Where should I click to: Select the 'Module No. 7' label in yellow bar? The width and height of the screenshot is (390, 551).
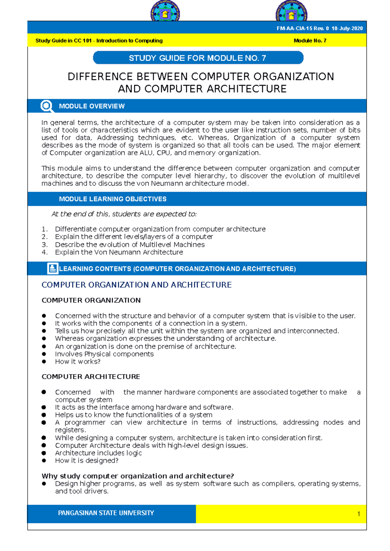[310, 41]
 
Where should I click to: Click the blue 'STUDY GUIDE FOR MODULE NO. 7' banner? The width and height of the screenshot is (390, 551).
[198, 58]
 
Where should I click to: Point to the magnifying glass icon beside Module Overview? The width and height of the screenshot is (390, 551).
[47, 106]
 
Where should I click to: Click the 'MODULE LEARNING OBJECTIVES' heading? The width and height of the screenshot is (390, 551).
[112, 199]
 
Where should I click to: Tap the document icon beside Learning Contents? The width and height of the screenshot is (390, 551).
[52, 268]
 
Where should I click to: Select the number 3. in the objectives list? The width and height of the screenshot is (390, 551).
[45, 245]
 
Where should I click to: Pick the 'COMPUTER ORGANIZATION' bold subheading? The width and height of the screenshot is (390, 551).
[91, 300]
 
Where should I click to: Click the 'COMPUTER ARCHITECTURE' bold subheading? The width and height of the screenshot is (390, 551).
[91, 377]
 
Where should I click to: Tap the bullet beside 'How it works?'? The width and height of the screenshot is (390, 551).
[44, 361]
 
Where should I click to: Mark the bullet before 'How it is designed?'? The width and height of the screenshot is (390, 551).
[44, 460]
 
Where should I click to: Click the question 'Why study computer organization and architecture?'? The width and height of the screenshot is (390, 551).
[137, 476]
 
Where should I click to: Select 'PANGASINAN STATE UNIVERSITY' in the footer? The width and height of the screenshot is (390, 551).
[106, 513]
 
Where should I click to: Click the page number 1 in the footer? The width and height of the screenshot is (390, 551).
[358, 514]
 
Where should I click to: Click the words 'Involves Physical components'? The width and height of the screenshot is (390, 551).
[104, 354]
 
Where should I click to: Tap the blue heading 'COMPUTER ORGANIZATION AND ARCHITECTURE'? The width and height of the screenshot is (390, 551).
[136, 285]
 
